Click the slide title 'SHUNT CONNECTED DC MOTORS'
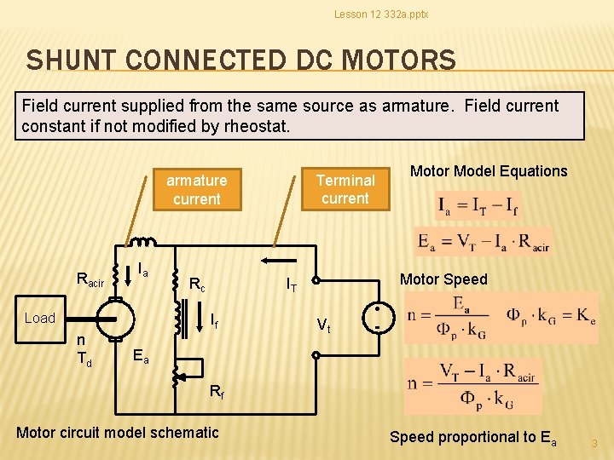[240, 60]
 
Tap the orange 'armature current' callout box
[196, 189]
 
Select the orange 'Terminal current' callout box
[345, 189]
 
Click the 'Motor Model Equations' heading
[489, 171]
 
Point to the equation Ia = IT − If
[478, 206]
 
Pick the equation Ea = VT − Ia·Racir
[483, 241]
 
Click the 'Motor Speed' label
[443, 279]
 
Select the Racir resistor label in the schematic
[90, 279]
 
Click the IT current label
[291, 285]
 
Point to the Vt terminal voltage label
[324, 325]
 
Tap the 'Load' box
[39, 318]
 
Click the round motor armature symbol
[114, 319]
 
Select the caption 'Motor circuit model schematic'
[118, 433]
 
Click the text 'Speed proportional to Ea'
[472, 437]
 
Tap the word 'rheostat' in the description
[258, 127]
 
